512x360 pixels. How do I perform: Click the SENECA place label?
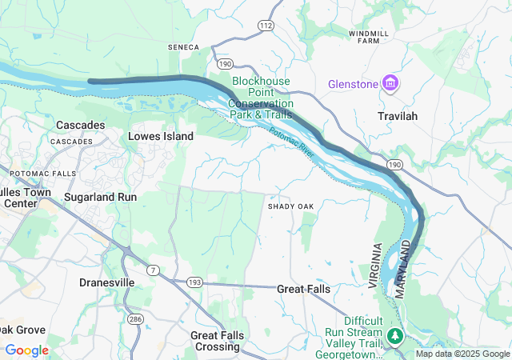coord(182,47)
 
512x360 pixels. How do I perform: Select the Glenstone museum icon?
coord(390,83)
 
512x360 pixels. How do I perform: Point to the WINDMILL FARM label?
coord(369,38)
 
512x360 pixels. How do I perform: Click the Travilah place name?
coord(398,116)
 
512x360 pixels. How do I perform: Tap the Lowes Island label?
coord(161,137)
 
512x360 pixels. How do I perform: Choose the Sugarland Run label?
coord(100,197)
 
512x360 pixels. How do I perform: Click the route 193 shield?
coord(195,282)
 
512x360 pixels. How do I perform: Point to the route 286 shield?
coord(135,319)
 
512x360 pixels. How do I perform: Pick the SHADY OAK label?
coord(290,206)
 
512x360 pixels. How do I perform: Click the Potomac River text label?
coord(293,142)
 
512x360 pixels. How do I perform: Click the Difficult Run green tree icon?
coord(393,334)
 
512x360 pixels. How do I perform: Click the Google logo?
coord(27,350)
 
